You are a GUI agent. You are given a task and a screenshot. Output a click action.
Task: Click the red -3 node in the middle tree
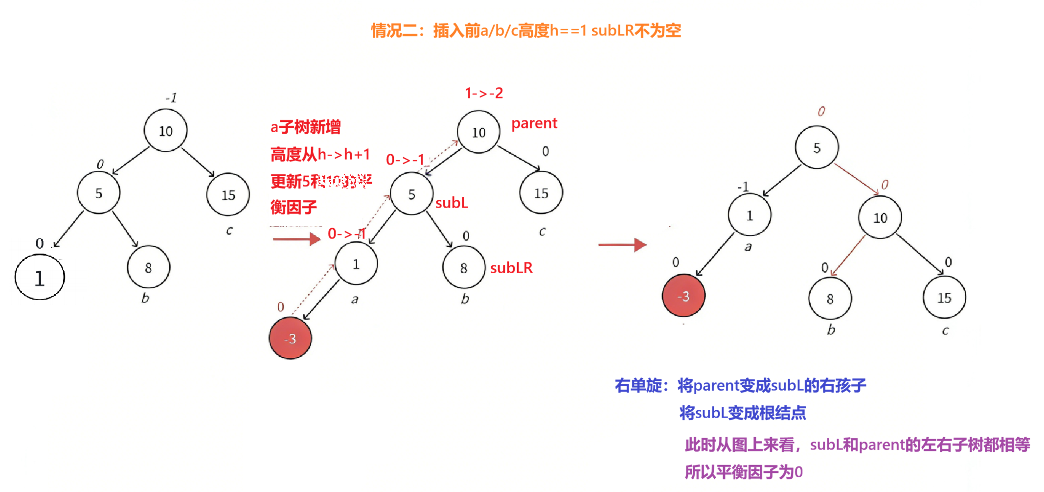(290, 338)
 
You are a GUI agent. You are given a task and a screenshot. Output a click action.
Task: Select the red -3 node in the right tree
(683, 296)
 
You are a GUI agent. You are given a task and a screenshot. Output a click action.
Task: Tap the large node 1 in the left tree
(40, 278)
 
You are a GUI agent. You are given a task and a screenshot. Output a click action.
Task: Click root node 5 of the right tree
(817, 148)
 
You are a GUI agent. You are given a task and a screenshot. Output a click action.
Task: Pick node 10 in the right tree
(880, 217)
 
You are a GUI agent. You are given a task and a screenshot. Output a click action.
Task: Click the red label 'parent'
(534, 123)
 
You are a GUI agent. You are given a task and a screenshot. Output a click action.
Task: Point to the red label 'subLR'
(511, 268)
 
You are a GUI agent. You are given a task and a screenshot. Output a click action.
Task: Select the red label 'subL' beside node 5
(452, 203)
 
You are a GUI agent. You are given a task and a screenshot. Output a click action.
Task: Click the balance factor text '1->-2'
(483, 93)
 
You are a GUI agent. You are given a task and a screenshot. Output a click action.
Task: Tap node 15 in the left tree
(228, 195)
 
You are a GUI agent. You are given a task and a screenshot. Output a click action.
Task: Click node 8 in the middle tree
(464, 268)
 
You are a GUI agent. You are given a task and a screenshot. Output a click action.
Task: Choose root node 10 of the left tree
(165, 131)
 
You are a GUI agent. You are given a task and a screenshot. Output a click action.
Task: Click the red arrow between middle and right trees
(622, 244)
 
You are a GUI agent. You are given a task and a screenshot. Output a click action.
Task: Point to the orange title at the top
(526, 31)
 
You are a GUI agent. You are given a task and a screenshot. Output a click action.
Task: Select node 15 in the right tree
(944, 298)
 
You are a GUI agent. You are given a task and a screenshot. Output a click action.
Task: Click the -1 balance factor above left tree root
(171, 98)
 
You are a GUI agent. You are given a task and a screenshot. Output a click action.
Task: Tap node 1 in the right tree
(749, 215)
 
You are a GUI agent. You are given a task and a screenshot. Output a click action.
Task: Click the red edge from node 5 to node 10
(856, 178)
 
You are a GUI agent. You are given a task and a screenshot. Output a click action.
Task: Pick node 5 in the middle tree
(411, 194)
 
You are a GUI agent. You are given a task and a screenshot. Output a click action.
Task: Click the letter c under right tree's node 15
(945, 331)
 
